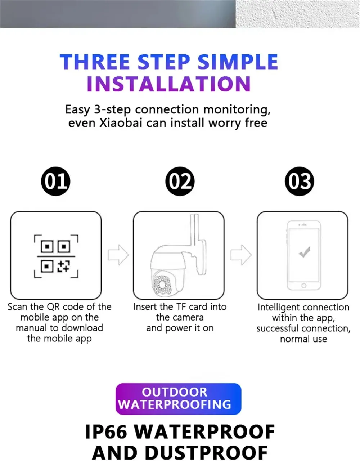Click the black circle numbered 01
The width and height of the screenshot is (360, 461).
[55, 181]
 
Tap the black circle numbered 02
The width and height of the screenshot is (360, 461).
[180, 181]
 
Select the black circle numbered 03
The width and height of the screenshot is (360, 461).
[300, 181]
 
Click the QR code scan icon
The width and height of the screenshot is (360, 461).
[56, 256]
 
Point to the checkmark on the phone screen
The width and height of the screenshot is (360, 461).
[305, 252]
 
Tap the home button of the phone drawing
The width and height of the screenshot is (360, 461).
[304, 286]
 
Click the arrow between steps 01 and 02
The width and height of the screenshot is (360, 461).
[118, 255]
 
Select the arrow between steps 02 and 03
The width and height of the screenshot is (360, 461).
[241, 255]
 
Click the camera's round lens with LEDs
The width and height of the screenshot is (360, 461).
[163, 284]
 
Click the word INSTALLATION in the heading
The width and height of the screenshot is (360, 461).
[169, 84]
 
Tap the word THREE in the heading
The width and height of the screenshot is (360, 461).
[95, 62]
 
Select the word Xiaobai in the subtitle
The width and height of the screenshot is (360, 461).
[121, 123]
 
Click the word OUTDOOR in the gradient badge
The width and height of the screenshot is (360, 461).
[175, 392]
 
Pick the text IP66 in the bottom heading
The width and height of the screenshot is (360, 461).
[106, 432]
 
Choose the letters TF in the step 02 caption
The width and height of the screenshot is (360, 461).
[181, 307]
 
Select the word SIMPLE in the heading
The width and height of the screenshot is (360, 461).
[238, 62]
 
